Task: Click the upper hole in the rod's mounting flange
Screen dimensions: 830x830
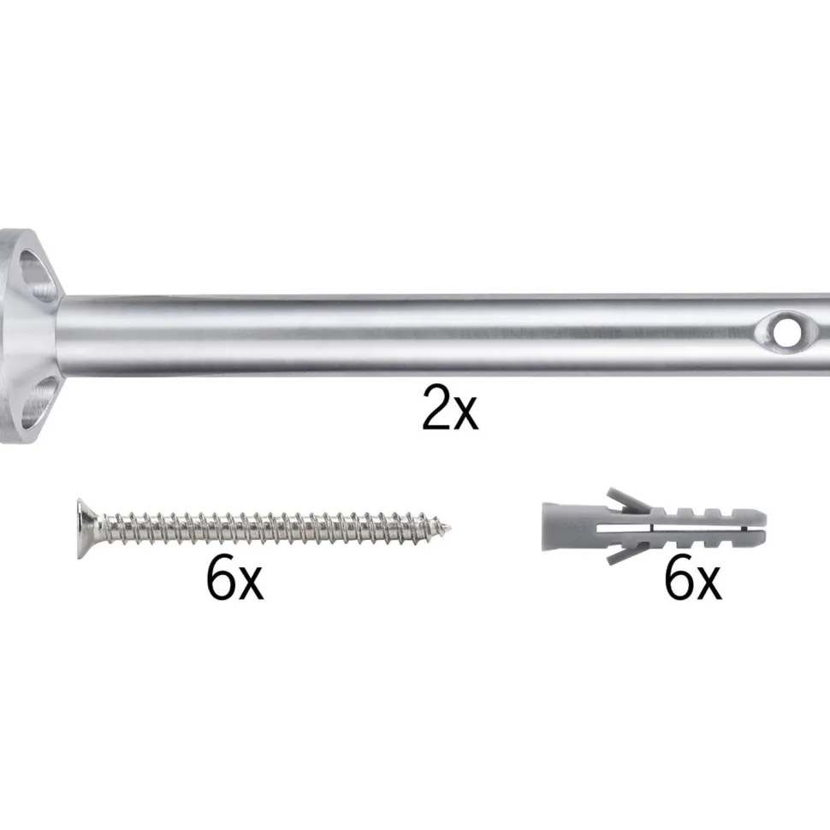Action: click(37, 275)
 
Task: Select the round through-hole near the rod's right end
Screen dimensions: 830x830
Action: click(788, 332)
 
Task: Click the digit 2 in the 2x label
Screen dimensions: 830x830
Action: click(436, 407)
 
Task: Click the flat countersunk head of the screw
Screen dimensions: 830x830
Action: click(86, 528)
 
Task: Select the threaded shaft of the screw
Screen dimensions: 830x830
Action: click(270, 528)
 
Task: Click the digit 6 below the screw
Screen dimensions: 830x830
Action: click(221, 578)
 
